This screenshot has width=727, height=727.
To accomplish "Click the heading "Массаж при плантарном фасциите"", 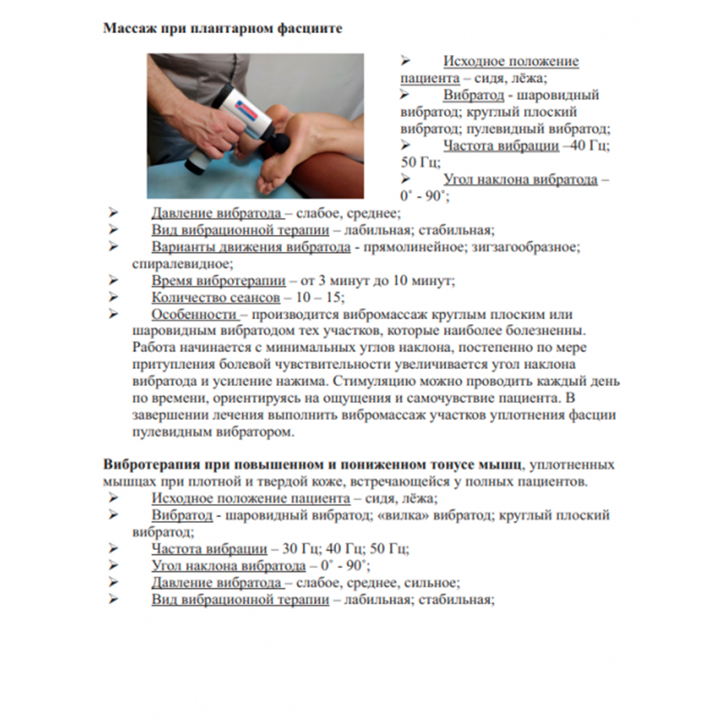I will pyautogui.click(x=223, y=29).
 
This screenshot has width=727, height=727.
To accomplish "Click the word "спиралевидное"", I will pyautogui.click(x=183, y=263).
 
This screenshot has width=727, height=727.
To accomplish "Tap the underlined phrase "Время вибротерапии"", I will pyautogui.click(x=219, y=280).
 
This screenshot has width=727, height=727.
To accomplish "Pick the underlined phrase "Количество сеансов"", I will pyautogui.click(x=216, y=297).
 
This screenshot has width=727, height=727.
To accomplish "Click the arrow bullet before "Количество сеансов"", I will pyautogui.click(x=113, y=297).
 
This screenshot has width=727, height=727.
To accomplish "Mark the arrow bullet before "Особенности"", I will pyautogui.click(x=113, y=314).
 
